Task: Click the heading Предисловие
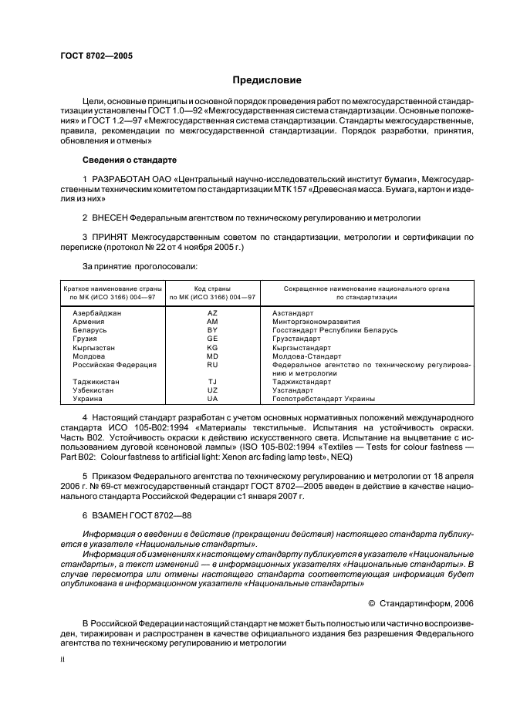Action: click(x=267, y=80)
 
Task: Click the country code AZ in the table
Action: click(x=213, y=313)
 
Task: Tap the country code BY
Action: click(x=213, y=330)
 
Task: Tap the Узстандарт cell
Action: click(x=292, y=390)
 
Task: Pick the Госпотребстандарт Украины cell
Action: click(x=323, y=399)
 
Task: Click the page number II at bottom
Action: click(x=63, y=661)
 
